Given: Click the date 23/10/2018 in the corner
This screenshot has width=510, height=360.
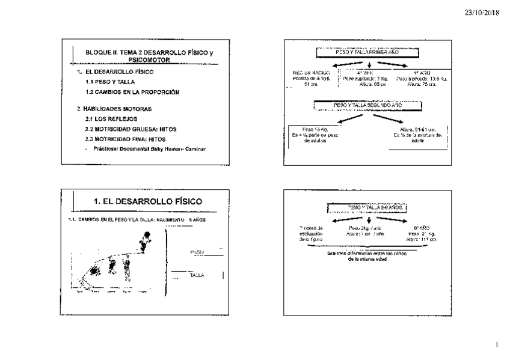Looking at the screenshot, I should (x=482, y=12).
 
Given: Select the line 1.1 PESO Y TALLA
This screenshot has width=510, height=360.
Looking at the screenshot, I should (x=110, y=82).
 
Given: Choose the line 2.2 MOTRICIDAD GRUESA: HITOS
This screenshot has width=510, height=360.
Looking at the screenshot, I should (x=131, y=129).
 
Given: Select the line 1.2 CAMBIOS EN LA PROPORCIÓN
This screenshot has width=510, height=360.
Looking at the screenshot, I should (x=132, y=92).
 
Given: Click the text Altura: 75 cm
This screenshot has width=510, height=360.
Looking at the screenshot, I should (x=421, y=84).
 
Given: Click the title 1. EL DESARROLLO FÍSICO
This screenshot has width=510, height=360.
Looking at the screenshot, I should (x=148, y=201).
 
